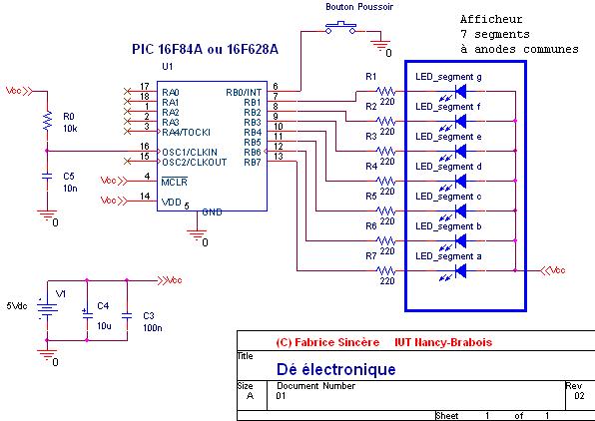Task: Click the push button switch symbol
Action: point(340,28)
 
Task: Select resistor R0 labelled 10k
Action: point(47,121)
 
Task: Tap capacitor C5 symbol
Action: point(47,176)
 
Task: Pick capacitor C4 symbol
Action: point(87,314)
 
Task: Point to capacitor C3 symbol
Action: point(127,315)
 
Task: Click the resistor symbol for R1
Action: point(385,91)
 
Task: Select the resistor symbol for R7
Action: point(385,270)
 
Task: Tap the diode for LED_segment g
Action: point(460,91)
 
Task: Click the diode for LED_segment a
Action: point(460,270)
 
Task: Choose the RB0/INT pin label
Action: point(244,92)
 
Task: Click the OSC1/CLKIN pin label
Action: point(190,152)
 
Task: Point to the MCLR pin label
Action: point(174,182)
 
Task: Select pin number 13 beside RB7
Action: point(279,157)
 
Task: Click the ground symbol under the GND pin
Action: point(197,234)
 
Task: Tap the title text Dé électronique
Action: point(335,369)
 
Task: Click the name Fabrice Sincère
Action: point(337,342)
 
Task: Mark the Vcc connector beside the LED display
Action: point(553,270)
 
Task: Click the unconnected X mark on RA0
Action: point(127,91)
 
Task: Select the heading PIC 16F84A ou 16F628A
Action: point(205,49)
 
